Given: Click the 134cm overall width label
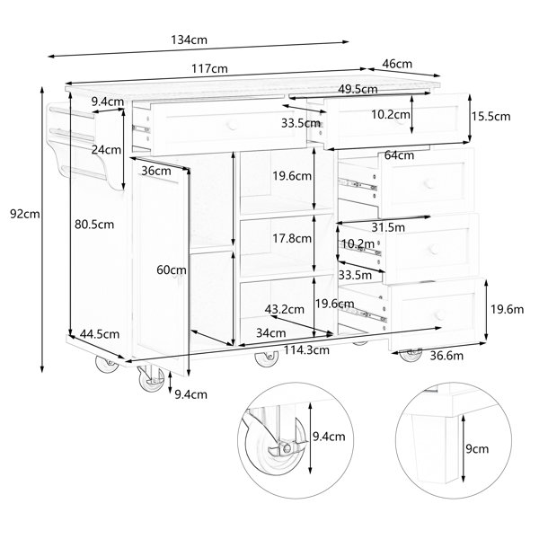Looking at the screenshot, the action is pos(189,40).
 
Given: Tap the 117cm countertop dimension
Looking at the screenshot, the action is pos(209,69).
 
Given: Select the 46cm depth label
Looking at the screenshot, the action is pos(397,64).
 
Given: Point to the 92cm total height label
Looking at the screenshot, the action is pos(25,214).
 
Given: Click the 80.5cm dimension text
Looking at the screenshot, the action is pos(94,225).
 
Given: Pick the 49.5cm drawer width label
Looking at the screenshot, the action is pos(358,89).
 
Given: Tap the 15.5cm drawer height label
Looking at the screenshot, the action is pos(490,117).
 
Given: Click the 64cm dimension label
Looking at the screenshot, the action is pos(399,155).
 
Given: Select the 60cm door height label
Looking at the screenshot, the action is pos(172,270).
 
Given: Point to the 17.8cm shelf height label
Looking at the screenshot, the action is pos(292,238).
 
